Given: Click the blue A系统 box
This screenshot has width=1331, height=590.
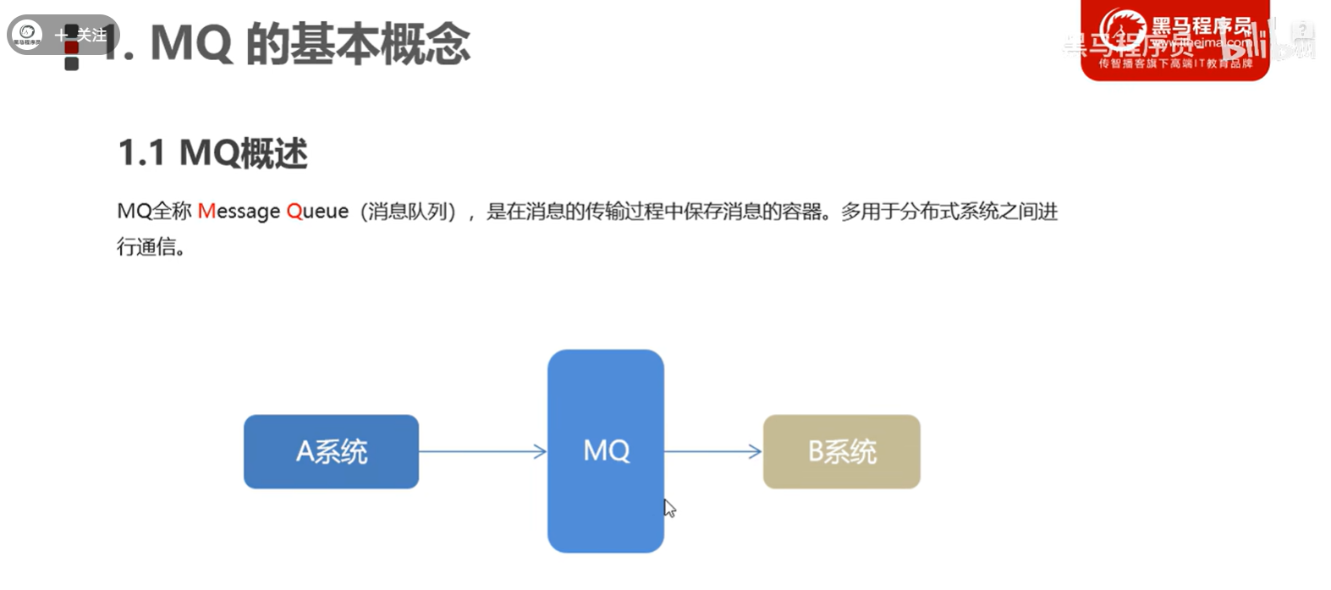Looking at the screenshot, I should pos(331,451).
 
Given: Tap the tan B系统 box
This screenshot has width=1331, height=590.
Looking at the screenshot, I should pos(841,451).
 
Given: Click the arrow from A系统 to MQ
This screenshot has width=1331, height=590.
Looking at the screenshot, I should pos(482,451).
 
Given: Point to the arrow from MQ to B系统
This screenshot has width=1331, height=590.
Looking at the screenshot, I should pos(712,451).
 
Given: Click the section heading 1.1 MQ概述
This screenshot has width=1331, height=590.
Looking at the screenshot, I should pos(212,153).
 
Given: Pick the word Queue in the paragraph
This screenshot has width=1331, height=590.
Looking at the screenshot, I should pos(317,212).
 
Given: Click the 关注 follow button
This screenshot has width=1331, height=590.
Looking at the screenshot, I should pos(82,35).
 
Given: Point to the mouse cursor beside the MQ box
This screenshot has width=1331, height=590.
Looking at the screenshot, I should pos(668,507).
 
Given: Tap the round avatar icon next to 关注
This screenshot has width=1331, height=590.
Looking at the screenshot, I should pos(27,34).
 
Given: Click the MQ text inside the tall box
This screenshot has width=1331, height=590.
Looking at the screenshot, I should pos(606,450).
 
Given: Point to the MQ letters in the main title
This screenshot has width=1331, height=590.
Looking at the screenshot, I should pos(190,43).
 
